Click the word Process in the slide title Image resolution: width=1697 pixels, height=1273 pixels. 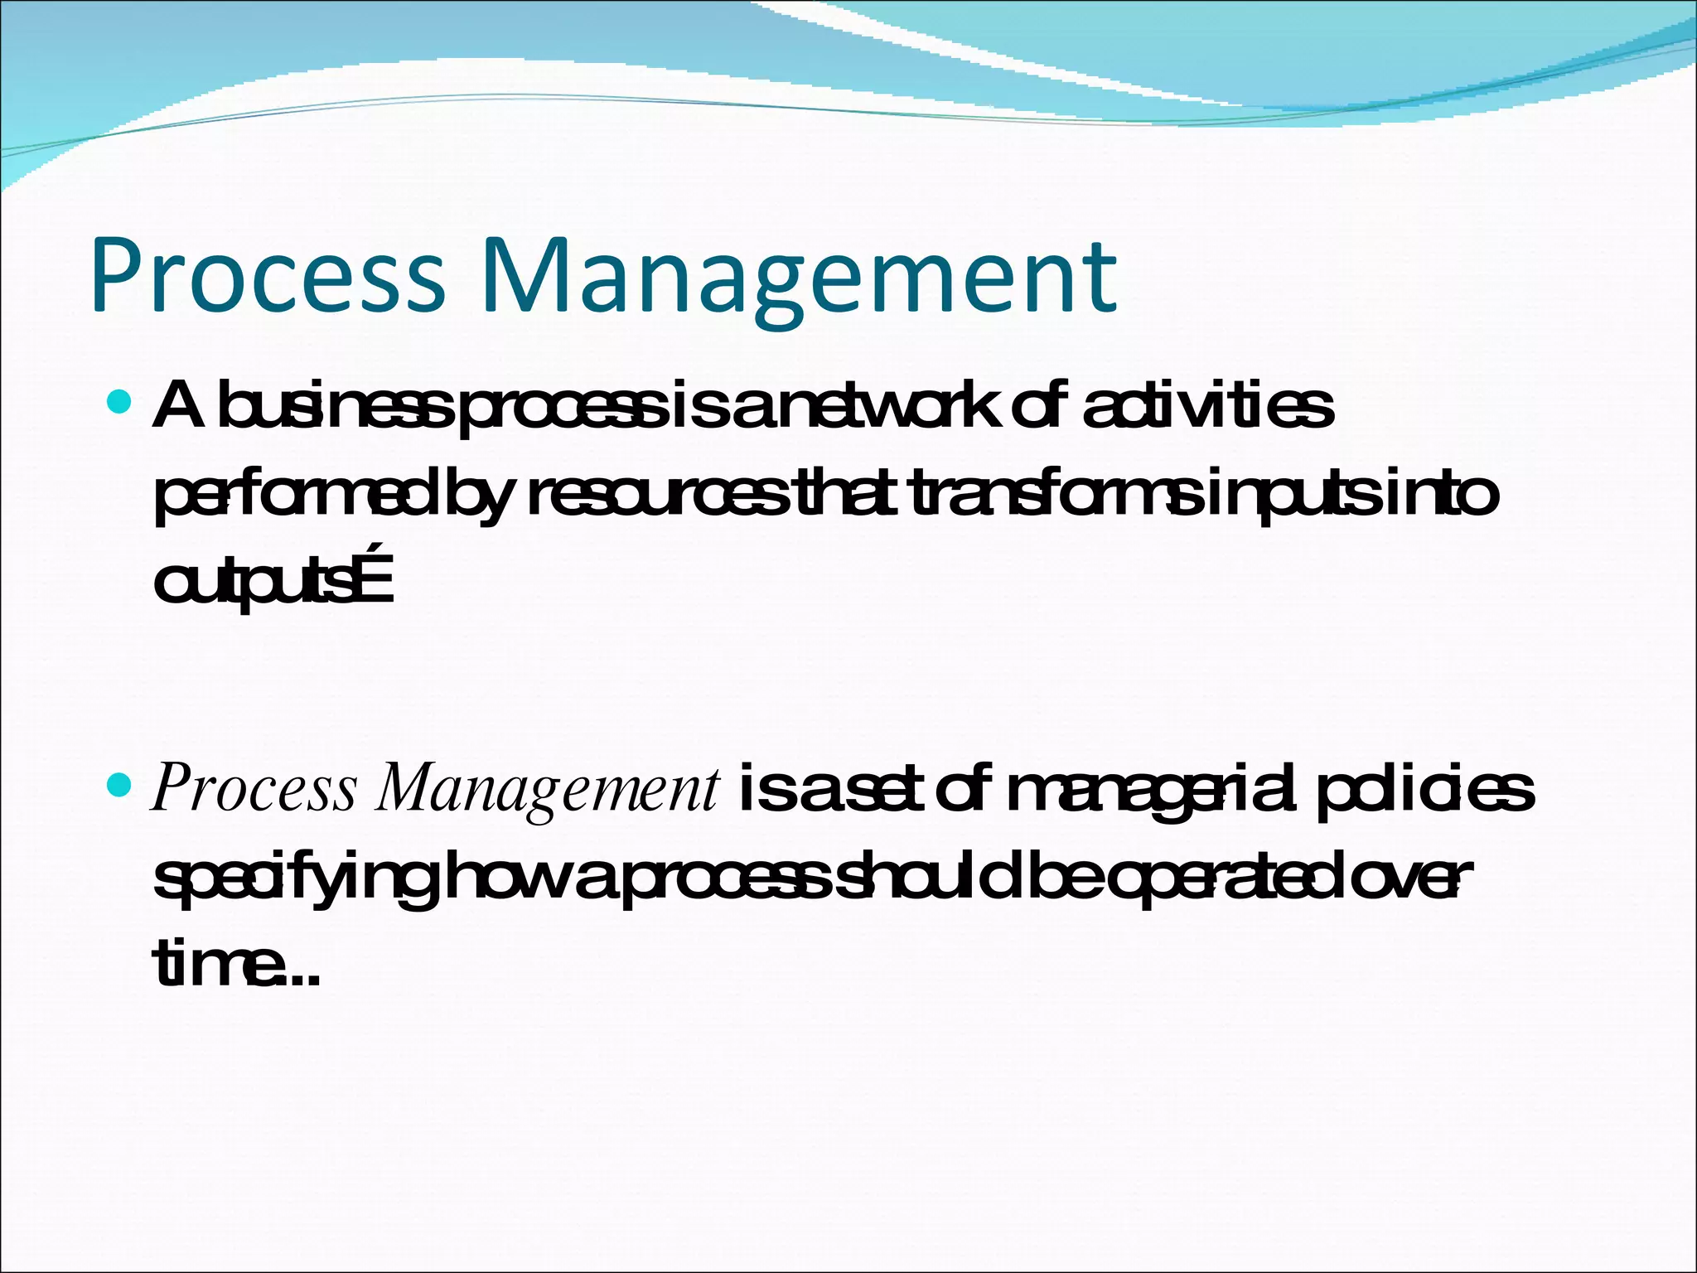[x=268, y=275]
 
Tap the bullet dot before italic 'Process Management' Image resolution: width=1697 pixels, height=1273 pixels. [x=120, y=783]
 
